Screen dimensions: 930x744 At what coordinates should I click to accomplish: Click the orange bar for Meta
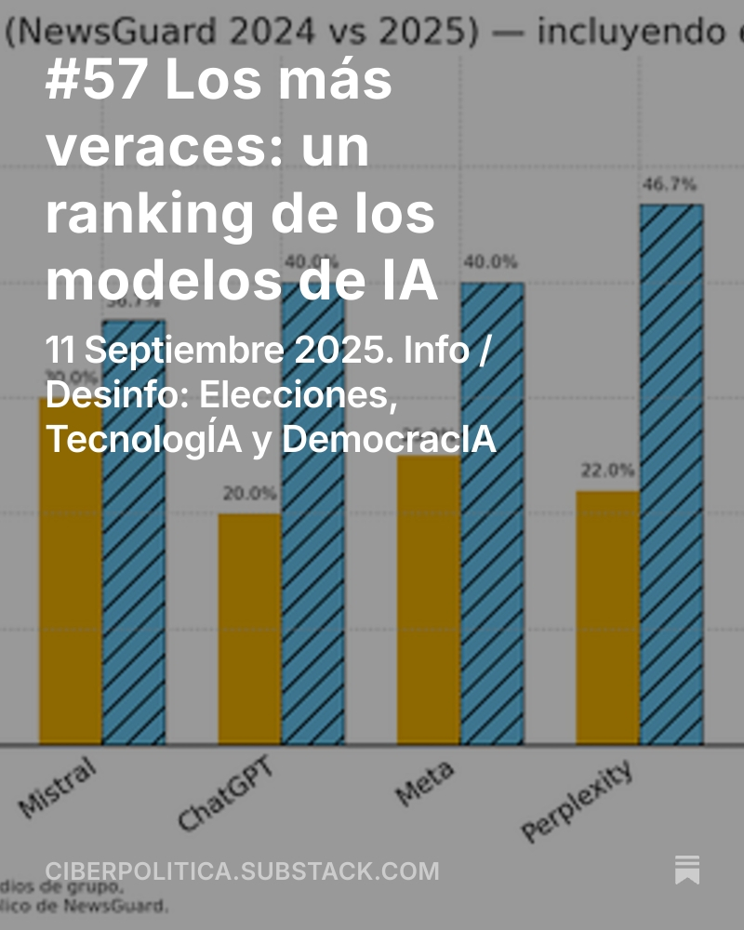coord(429,604)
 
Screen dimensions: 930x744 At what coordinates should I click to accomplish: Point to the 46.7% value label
coord(669,184)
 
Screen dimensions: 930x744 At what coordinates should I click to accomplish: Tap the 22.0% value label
coord(607,471)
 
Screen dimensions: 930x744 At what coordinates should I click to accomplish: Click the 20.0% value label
coord(249,493)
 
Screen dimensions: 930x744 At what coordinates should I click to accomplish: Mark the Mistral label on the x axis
coord(58,788)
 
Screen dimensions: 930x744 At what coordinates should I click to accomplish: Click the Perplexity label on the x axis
coord(578,800)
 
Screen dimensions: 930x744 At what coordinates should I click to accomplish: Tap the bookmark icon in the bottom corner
coord(687,870)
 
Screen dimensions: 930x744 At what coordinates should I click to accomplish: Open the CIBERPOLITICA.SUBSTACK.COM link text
coord(242,871)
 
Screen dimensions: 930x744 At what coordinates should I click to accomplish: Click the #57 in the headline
coord(96,82)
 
